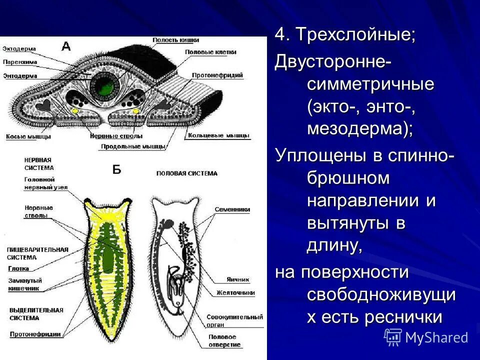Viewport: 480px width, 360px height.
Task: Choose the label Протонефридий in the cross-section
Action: click(218, 75)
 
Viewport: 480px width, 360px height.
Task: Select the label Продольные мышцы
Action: click(133, 146)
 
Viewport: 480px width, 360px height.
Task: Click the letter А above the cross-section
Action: click(66, 46)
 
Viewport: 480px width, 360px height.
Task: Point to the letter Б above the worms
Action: click(116, 170)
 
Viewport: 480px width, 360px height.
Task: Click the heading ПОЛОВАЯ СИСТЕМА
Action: click(187, 173)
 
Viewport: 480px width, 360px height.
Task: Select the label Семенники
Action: click(233, 210)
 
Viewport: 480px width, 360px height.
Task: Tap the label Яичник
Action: click(237, 280)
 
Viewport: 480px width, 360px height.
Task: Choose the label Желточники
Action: click(236, 293)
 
